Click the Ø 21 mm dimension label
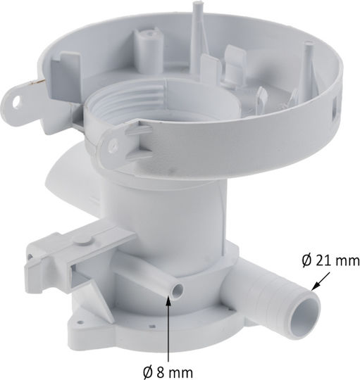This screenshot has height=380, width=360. pyautogui.click(x=331, y=260)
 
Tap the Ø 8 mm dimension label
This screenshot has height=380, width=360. pyautogui.click(x=168, y=372)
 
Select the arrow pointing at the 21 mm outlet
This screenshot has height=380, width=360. pyautogui.click(x=321, y=281)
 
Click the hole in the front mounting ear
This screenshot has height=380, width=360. pyautogui.click(x=113, y=144)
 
